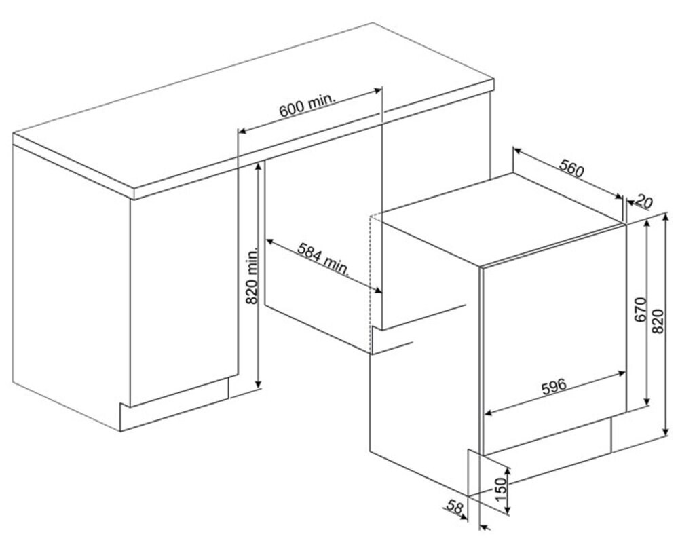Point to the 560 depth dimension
571,168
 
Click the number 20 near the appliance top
644,202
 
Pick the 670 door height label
640,310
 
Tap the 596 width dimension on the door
554,386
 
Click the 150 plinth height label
500,489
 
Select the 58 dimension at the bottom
455,506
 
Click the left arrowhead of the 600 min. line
242,130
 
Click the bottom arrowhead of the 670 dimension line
647,402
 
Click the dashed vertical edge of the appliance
371,283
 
